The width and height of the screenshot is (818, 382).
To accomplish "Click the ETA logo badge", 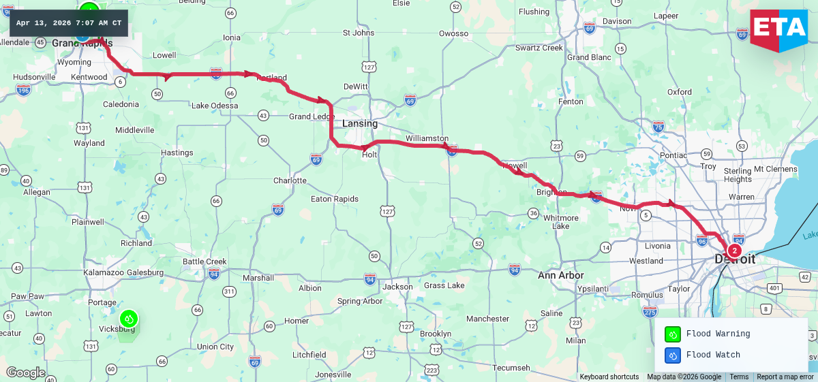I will [x=778, y=29].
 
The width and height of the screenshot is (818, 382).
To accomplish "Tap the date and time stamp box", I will [x=68, y=23].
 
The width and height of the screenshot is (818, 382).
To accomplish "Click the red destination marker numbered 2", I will [x=734, y=251].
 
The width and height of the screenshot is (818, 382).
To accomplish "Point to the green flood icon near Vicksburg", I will [x=128, y=318].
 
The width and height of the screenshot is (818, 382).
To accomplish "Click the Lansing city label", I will [x=360, y=123].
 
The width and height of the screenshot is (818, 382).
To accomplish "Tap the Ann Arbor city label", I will [x=560, y=275].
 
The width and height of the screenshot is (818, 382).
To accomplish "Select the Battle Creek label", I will [x=204, y=261].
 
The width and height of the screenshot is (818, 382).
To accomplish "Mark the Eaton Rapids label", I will [x=334, y=199].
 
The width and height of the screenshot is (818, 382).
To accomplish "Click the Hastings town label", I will [x=177, y=153].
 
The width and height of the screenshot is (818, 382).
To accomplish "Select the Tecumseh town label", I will [x=511, y=368].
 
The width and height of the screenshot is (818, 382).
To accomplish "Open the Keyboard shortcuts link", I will [x=609, y=377].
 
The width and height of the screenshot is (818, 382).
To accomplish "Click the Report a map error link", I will [x=785, y=377].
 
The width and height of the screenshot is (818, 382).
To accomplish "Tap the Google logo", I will [x=26, y=372].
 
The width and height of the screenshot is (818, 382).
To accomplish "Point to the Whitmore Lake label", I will [x=560, y=222].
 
